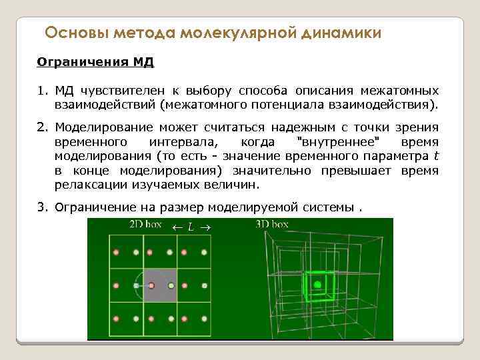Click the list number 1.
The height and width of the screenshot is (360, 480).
coord(41,91)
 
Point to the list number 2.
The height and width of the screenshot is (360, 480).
coord(41,127)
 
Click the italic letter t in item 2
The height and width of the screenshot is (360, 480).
coord(435,157)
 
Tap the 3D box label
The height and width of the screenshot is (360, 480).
coord(272,225)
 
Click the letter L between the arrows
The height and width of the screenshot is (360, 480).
coord(191,227)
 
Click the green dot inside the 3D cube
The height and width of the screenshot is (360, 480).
coord(317,285)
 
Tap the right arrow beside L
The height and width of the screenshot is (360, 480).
coord(204,227)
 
